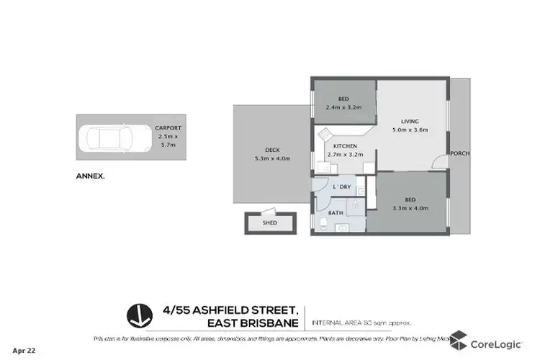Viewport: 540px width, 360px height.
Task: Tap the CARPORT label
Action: click(x=169, y=128)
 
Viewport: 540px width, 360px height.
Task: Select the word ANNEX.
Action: click(x=90, y=175)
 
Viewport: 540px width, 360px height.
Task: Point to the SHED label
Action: click(x=269, y=223)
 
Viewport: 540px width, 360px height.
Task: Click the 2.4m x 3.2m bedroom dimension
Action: click(x=344, y=107)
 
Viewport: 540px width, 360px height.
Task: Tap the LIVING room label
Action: click(x=410, y=121)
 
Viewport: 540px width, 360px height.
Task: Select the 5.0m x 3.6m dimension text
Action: click(x=410, y=130)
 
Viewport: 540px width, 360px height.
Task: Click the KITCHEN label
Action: click(x=345, y=146)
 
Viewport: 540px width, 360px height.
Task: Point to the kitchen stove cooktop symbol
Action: click(x=326, y=135)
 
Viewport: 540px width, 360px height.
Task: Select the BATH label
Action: click(x=336, y=212)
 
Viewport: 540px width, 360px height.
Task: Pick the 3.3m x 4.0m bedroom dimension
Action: click(x=410, y=208)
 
